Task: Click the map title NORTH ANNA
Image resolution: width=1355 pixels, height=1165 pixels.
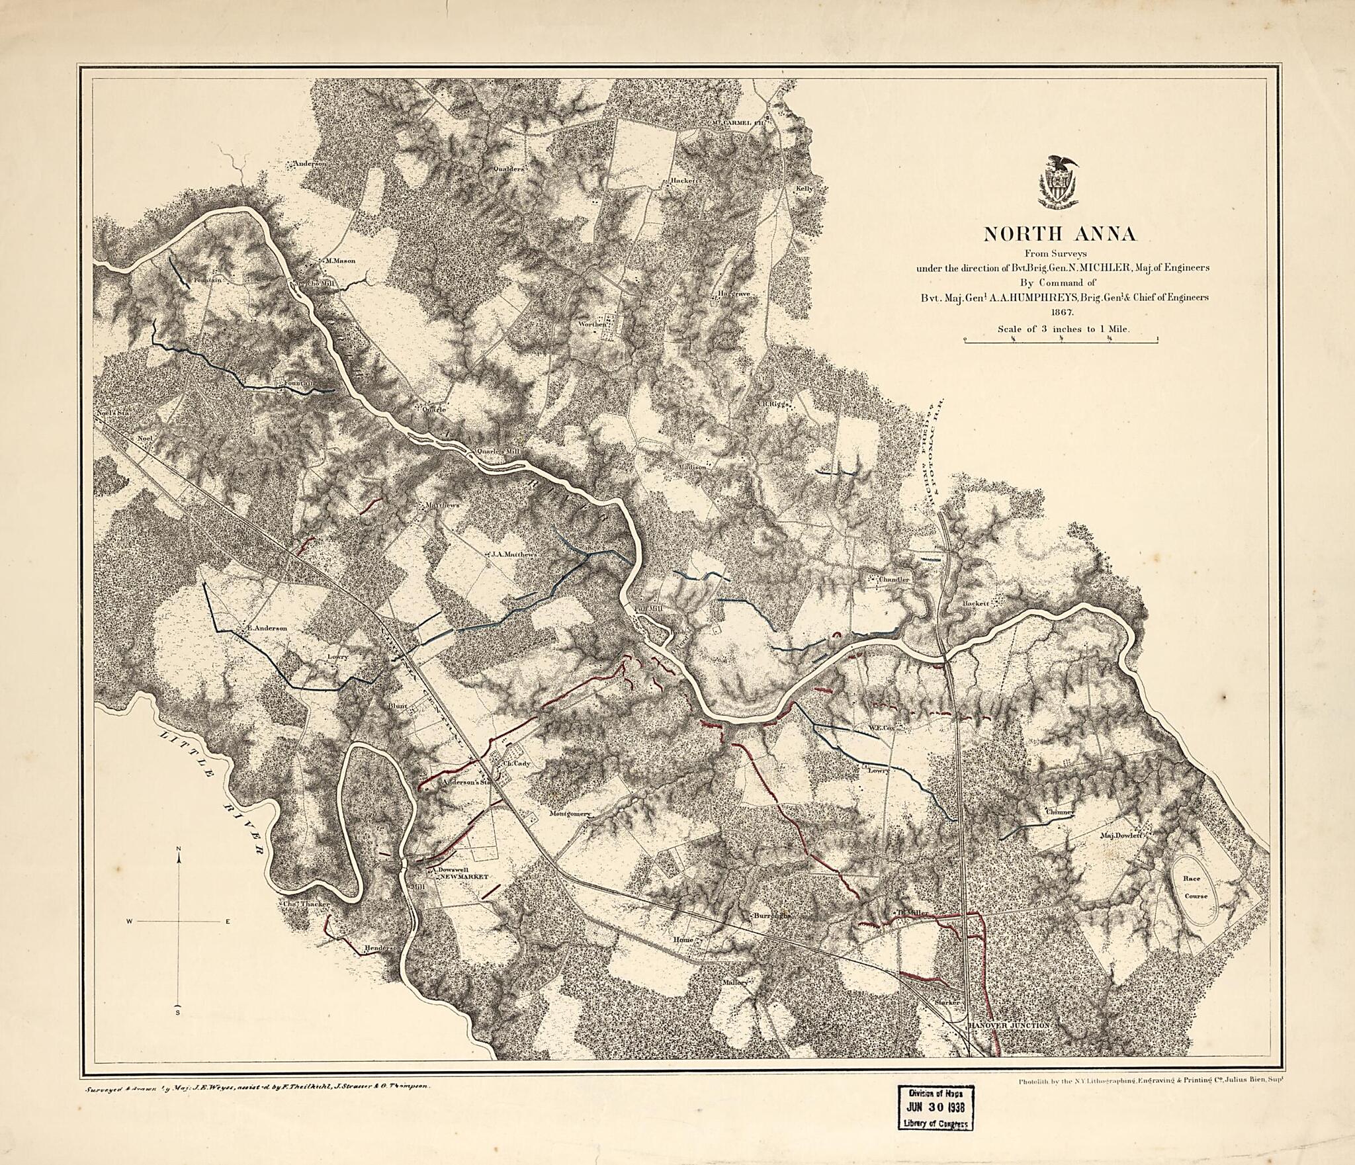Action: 1060,234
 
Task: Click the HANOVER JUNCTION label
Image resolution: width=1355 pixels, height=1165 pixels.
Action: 1009,1025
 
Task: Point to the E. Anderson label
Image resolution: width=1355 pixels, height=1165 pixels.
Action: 266,629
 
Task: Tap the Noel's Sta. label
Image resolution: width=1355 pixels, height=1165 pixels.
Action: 114,413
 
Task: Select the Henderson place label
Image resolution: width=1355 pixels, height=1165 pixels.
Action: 382,948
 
